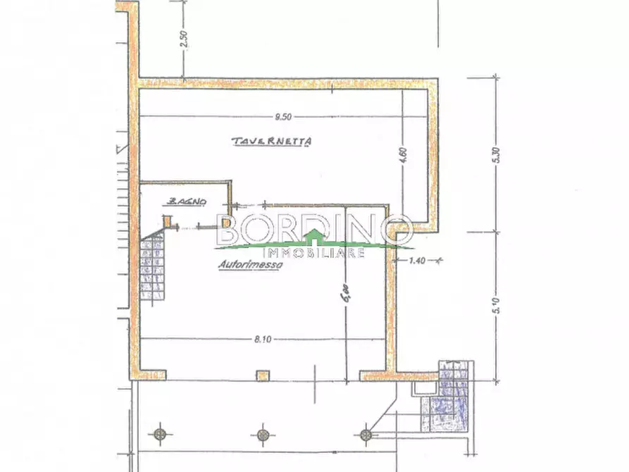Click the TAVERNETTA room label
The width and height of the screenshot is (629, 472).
(x=272, y=142)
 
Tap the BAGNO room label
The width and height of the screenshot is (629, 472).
(x=187, y=202)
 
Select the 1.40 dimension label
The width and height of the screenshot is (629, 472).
(x=419, y=261)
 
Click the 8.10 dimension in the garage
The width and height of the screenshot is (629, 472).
(x=263, y=340)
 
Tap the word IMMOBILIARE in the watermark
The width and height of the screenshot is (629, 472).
(x=313, y=252)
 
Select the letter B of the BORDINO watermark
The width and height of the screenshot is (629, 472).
(x=230, y=229)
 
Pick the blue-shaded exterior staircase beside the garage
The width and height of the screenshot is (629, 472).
(x=448, y=405)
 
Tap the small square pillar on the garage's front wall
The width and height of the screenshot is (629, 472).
(x=263, y=374)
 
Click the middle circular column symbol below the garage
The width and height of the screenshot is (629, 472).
(x=263, y=434)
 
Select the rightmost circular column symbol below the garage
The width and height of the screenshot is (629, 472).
(x=365, y=434)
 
